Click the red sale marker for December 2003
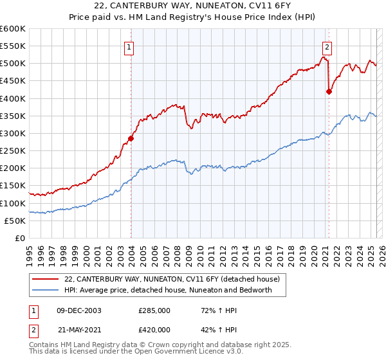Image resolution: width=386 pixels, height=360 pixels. click(131, 138)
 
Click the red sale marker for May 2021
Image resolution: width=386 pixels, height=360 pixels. click(329, 91)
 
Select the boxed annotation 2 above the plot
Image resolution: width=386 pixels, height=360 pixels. click(327, 46)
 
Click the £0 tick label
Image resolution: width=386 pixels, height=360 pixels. click(21, 239)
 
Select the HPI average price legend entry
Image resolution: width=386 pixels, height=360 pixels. click(168, 290)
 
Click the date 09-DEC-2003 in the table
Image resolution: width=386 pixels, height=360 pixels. click(79, 310)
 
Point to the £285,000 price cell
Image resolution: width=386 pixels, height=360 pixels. click(154, 310)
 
